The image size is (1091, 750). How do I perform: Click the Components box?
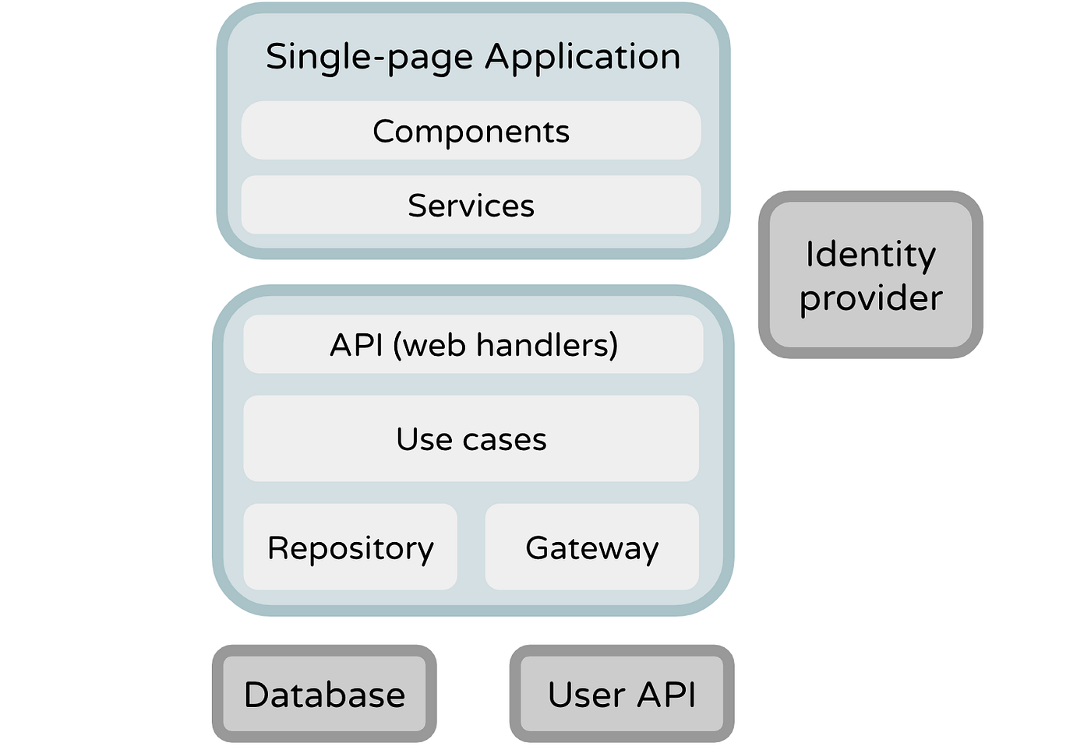[x=471, y=131]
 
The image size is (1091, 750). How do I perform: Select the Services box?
[x=471, y=205]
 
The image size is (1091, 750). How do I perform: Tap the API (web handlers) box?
[x=473, y=344]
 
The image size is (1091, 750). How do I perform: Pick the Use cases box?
[x=471, y=438]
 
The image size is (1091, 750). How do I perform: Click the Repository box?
[x=350, y=547]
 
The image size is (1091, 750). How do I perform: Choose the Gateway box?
[x=591, y=547]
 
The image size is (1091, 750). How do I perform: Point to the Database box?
[x=324, y=694]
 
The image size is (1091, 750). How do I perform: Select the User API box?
[x=621, y=694]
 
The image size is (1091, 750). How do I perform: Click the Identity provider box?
[x=870, y=275]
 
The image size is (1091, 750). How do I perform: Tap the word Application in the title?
[x=583, y=58]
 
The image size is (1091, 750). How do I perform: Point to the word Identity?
[x=870, y=255]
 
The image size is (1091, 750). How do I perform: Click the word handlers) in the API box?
[x=547, y=344]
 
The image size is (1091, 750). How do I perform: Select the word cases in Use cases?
[x=504, y=440]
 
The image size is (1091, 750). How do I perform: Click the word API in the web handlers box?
[x=356, y=345]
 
